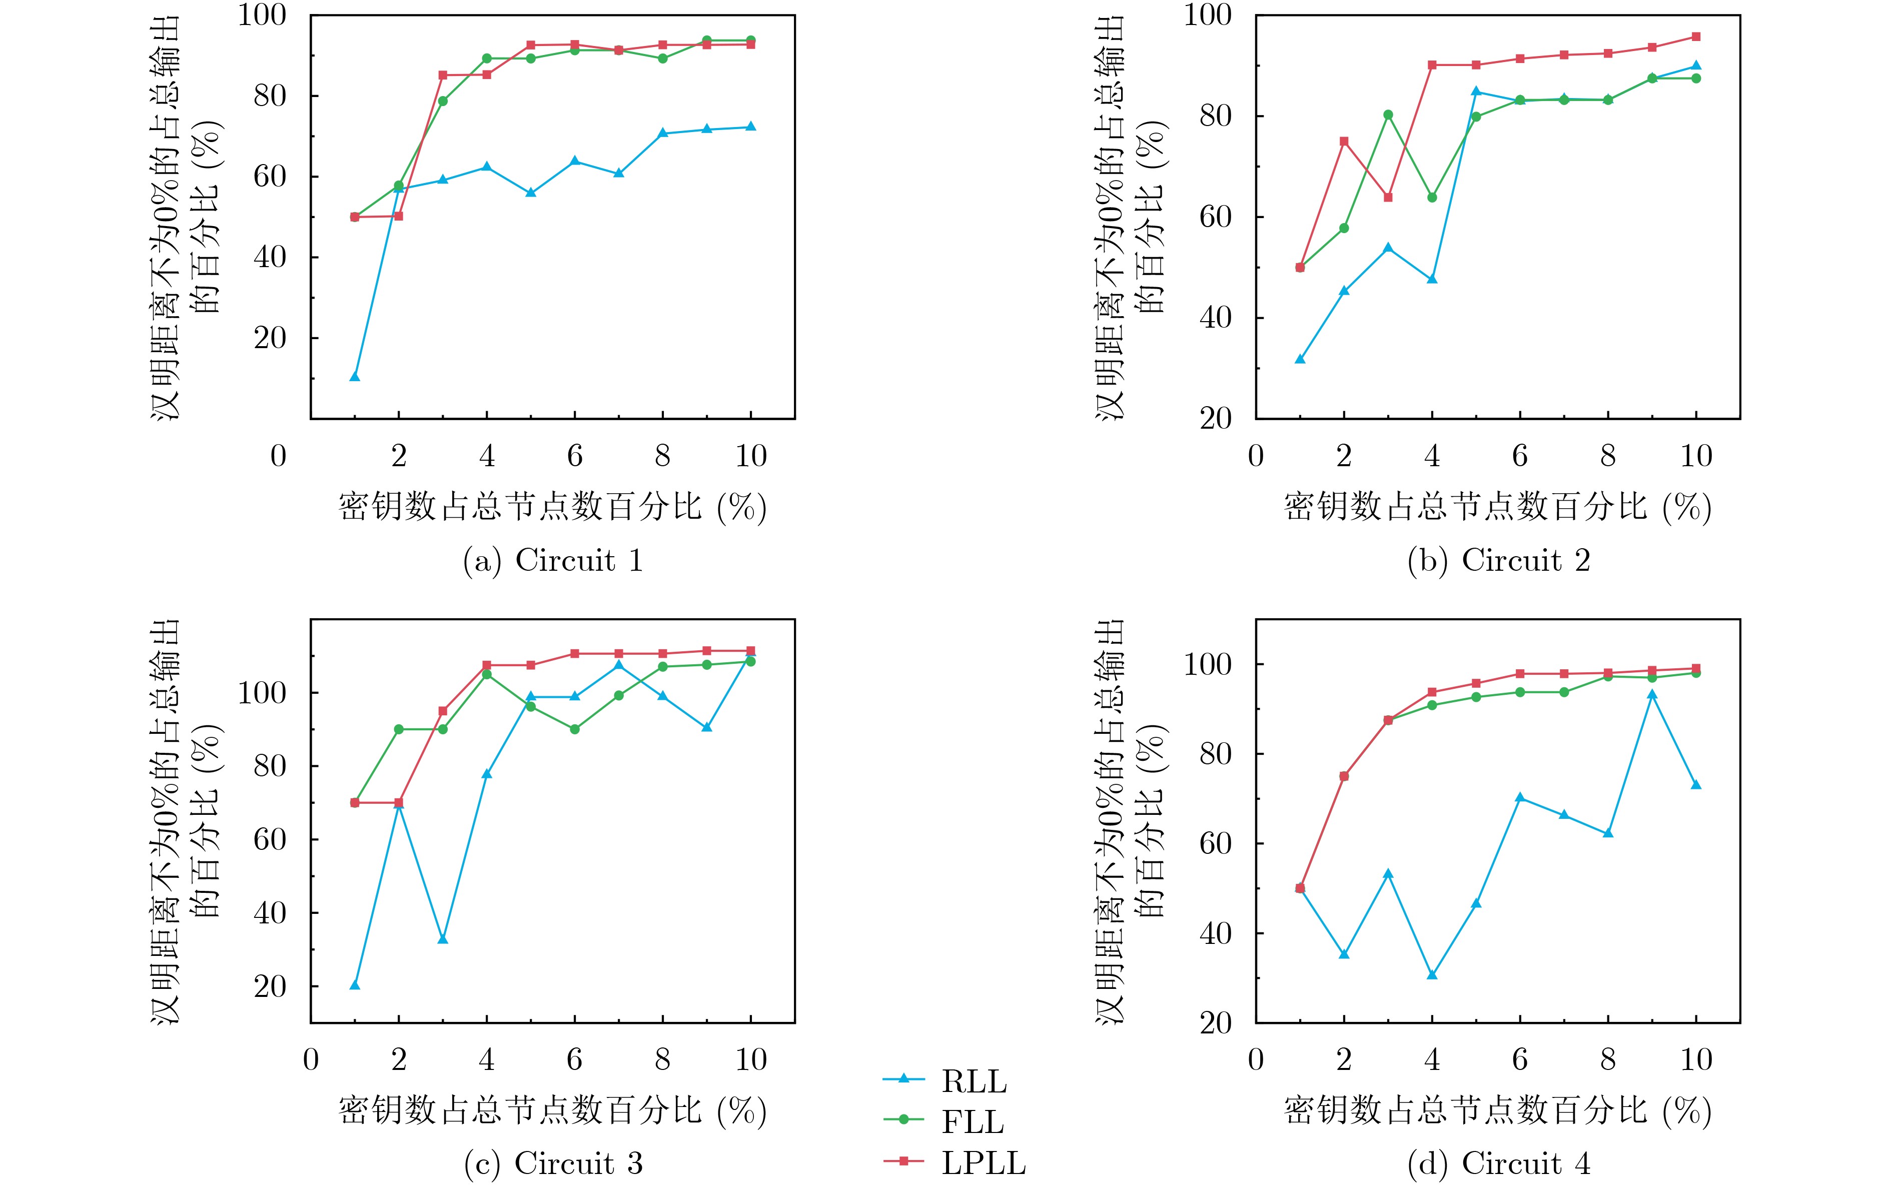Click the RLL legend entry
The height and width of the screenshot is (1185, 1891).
tap(974, 1081)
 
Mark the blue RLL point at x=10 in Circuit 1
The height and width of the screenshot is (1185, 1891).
tap(751, 127)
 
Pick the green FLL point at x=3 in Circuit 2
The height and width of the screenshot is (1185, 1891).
tap(1388, 115)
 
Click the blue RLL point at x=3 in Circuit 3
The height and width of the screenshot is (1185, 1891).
tap(443, 939)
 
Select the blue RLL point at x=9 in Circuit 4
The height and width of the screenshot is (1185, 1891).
tap(1652, 694)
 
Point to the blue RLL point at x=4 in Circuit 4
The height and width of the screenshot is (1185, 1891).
tap(1432, 975)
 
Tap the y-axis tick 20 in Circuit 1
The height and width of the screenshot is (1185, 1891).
tap(270, 339)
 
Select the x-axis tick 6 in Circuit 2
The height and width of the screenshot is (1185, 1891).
tap(1519, 456)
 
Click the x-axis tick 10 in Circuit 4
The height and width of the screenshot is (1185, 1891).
tap(1696, 1059)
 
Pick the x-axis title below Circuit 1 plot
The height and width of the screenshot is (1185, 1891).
tap(552, 507)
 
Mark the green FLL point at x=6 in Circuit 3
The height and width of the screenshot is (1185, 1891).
tap(574, 729)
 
